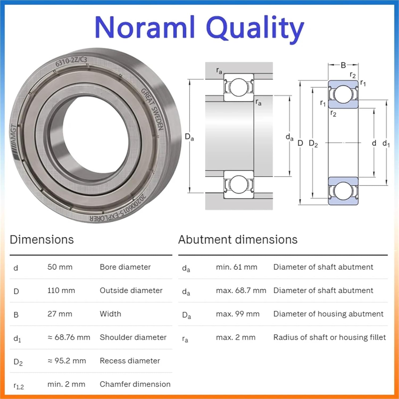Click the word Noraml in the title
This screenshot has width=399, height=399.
pos(145,27)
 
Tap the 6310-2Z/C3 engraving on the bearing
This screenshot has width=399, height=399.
pos(71,61)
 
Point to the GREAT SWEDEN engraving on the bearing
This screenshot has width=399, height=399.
pos(152,109)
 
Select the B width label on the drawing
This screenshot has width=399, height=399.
pos(343,65)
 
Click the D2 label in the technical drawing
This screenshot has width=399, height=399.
pos(313,144)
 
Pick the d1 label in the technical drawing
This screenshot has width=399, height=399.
pos(386,144)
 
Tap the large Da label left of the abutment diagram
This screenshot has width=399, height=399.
pos(189,137)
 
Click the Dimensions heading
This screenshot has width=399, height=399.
pos(42,240)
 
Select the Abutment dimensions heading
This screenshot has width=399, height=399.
pos(238,240)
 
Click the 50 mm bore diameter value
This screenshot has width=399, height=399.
pos(60,267)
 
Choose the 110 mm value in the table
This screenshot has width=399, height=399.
pos(61,290)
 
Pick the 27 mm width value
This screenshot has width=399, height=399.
pos(60,314)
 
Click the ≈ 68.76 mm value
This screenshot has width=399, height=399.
pos(69,337)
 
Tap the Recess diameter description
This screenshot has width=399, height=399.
pos(130,361)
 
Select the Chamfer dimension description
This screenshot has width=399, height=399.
pos(135,384)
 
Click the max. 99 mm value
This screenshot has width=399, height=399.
pos(238,314)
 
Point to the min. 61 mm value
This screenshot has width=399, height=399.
pos(236,267)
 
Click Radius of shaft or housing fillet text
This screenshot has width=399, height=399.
pos(329,337)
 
